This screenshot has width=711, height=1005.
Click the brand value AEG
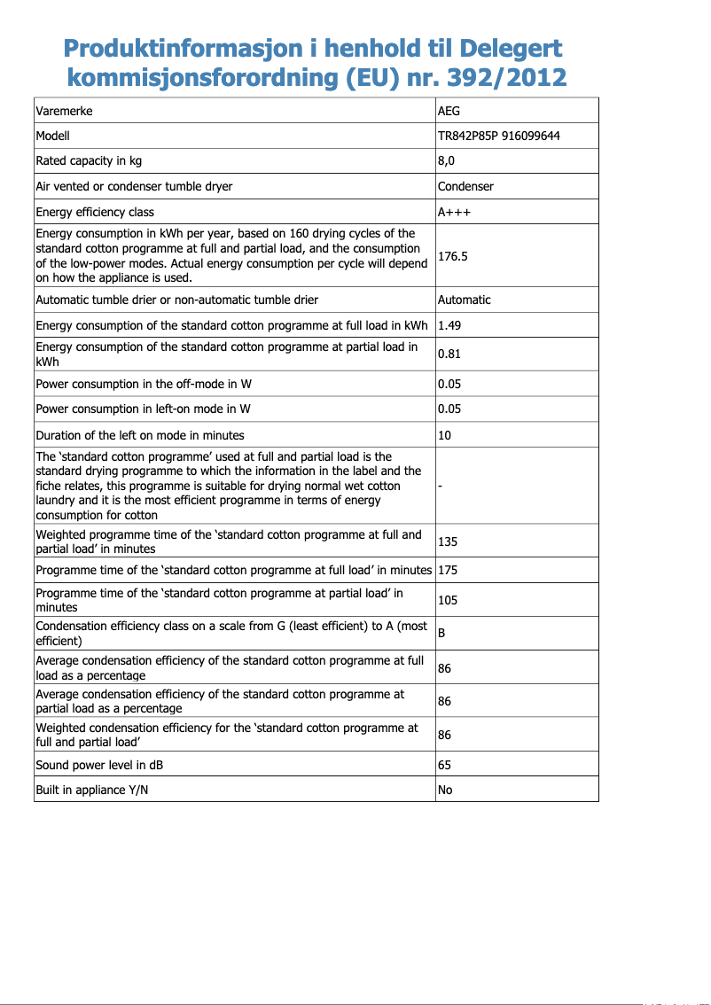tap(449, 111)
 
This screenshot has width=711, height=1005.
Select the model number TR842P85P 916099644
tap(498, 136)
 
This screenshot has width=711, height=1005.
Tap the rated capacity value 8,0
tap(448, 160)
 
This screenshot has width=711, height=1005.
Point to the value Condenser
tap(465, 186)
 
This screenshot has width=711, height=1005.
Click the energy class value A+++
tap(454, 212)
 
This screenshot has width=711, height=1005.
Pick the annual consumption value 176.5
tap(453, 256)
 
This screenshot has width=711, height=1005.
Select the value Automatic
tap(464, 300)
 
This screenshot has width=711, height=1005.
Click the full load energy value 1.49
tap(449, 325)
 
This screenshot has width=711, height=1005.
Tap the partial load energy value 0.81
tap(449, 354)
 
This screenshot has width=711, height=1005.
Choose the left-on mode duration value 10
tap(444, 435)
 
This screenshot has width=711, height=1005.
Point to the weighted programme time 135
tap(448, 541)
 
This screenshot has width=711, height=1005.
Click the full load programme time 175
tap(448, 570)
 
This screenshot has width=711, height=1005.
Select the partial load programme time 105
tap(448, 600)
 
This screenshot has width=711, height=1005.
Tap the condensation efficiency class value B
tap(441, 634)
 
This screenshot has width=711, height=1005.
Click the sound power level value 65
tap(444, 765)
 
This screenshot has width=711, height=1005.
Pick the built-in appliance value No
tap(445, 790)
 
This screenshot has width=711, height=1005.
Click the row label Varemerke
tap(64, 111)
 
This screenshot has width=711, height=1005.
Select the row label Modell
tap(52, 136)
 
